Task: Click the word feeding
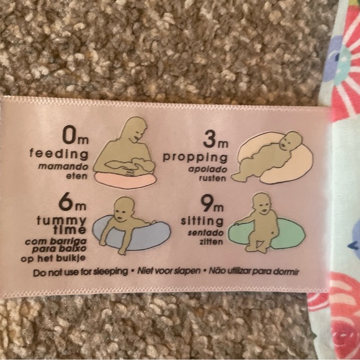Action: point(59,154)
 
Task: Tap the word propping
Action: point(195,158)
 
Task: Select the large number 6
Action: point(66,203)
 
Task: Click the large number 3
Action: point(210,140)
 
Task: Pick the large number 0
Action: point(70,136)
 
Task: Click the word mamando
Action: point(63,166)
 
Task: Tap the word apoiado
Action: point(208,169)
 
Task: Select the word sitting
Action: point(202,221)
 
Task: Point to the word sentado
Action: point(205,233)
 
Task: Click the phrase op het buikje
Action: point(53,259)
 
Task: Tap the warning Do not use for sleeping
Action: point(80,272)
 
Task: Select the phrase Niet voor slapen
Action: point(169,271)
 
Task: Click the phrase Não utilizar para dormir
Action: point(254,272)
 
